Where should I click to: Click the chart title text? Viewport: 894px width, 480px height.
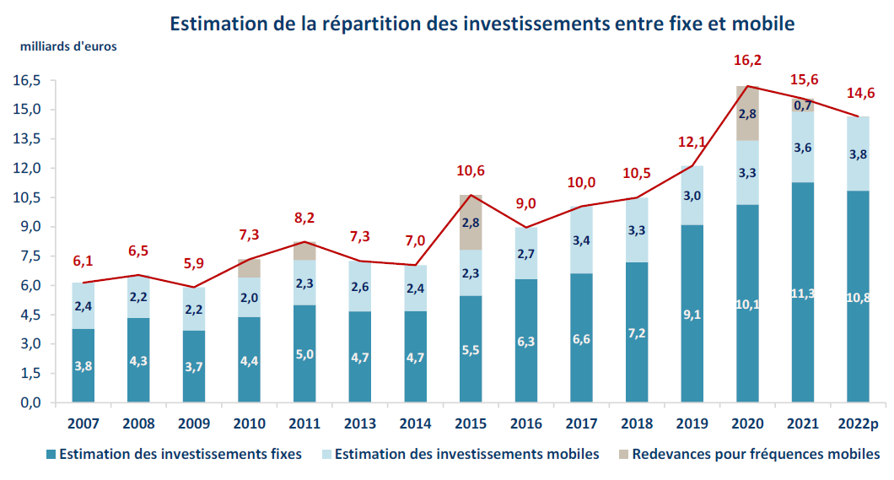482,23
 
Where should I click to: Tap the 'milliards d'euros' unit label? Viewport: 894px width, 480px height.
68,46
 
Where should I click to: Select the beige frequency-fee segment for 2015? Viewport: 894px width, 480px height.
471,222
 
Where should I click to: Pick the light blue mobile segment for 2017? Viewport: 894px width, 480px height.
581,240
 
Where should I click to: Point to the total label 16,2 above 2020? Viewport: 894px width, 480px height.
746,61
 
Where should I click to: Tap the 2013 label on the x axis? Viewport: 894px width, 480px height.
360,423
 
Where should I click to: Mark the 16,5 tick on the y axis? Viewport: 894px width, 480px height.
27,81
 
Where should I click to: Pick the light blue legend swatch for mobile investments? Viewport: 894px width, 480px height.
324,455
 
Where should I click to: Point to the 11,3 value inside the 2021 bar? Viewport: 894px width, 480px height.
802,294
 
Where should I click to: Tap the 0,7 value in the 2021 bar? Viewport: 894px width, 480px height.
802,105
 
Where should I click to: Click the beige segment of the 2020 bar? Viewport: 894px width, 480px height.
746,113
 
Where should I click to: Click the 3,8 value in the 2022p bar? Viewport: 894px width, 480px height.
857,154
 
